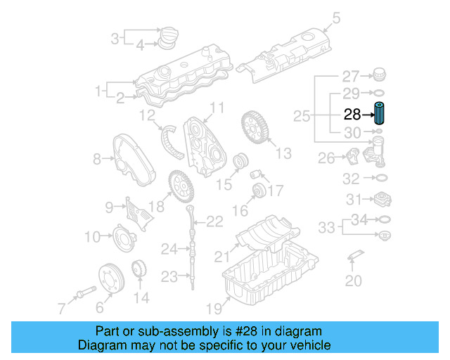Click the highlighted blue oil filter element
tap(380, 114)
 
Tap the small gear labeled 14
tap(139, 270)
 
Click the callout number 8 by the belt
tap(97, 160)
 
